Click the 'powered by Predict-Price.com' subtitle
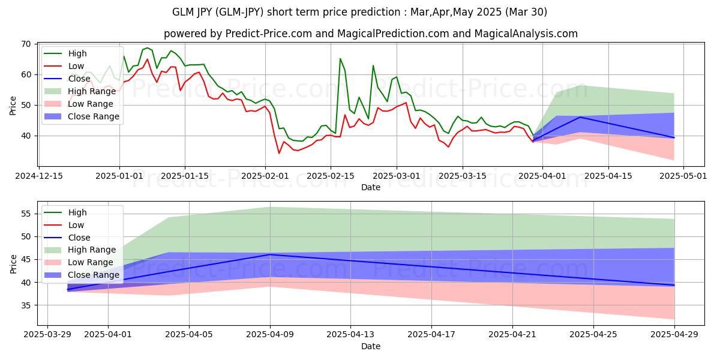(370, 34)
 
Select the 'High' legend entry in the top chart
(77, 53)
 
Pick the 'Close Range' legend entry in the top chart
(93, 116)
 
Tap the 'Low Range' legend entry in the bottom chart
(91, 262)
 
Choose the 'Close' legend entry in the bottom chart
(79, 238)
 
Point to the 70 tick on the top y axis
(26, 44)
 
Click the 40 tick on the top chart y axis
(26, 136)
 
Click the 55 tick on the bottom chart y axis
(26, 214)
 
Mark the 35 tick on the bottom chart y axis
(26, 305)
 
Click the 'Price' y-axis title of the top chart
(13, 105)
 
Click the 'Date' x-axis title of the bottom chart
(370, 346)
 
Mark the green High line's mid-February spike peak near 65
(340, 59)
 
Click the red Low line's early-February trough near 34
(279, 153)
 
